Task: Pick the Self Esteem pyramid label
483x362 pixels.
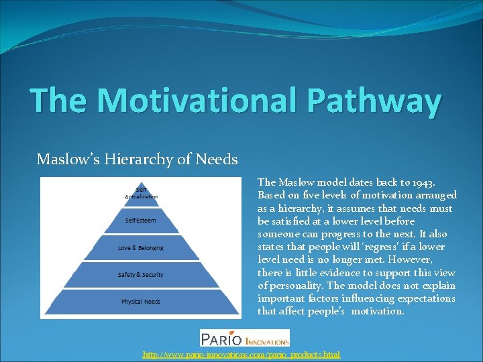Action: [x=141, y=220]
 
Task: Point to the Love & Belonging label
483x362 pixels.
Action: [x=141, y=248]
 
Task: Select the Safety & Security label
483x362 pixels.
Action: [x=141, y=275]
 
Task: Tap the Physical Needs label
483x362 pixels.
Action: [x=141, y=302]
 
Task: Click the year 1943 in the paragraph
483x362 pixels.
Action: [x=421, y=182]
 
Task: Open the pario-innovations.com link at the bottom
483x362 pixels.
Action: [x=241, y=354]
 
